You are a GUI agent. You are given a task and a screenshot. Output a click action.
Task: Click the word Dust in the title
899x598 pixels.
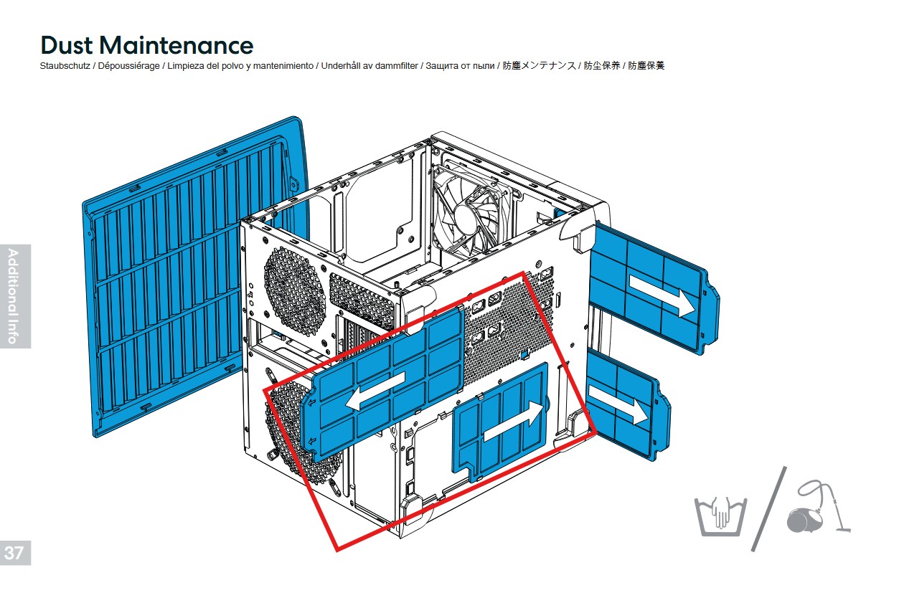[x=66, y=45]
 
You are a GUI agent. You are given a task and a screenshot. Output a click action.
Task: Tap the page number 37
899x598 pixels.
[x=14, y=553]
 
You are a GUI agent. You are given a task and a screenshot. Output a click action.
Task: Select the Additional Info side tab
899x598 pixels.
[x=14, y=295]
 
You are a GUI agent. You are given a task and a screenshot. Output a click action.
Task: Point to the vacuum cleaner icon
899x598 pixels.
[x=817, y=511]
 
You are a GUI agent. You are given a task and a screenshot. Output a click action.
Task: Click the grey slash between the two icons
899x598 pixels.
[x=768, y=508]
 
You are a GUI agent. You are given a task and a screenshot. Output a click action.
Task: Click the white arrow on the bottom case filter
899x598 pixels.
[x=511, y=422]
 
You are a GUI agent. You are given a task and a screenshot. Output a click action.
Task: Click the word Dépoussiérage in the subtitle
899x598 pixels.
[x=129, y=66]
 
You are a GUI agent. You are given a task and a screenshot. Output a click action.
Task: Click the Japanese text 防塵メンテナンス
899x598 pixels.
[x=540, y=66]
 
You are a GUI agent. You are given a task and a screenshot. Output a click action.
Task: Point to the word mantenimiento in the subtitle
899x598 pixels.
[x=281, y=66]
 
